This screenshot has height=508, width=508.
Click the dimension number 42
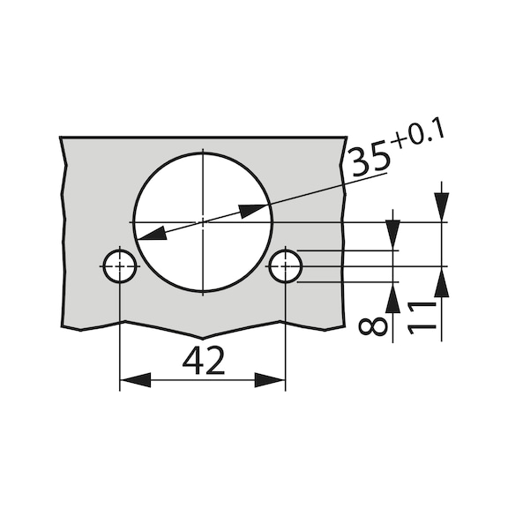click(x=202, y=361)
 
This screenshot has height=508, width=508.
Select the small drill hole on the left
click(x=119, y=265)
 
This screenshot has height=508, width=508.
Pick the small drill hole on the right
click(x=285, y=265)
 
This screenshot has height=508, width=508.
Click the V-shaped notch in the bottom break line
click(x=202, y=339)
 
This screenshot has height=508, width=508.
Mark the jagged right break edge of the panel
click(x=340, y=238)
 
